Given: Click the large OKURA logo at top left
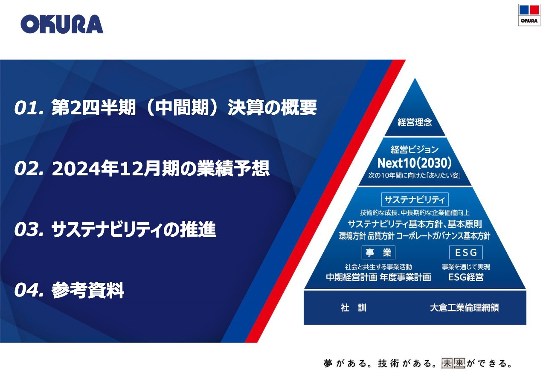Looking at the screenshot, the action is tap(62, 24).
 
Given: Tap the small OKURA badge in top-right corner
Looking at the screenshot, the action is tap(529, 15).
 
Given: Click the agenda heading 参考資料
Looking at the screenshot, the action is tap(88, 290).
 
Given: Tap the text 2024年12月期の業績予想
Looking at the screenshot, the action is tap(161, 169).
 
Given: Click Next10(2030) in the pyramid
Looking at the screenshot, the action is tap(414, 163).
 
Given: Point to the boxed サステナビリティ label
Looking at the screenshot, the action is tap(415, 200).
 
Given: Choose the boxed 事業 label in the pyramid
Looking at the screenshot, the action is tap(378, 253).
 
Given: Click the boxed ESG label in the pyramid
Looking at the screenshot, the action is tap(466, 253).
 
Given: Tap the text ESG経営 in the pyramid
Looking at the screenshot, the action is tap(466, 277).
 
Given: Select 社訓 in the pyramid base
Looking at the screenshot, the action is tap(354, 308).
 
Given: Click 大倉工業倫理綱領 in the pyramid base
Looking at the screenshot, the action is tap(465, 308).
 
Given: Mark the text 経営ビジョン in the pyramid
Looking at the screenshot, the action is tap(415, 149).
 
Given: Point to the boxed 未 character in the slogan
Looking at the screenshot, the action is tap(447, 363).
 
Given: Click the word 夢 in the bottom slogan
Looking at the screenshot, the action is tap(328, 363).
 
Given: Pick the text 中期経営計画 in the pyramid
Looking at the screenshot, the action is tap(352, 277).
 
